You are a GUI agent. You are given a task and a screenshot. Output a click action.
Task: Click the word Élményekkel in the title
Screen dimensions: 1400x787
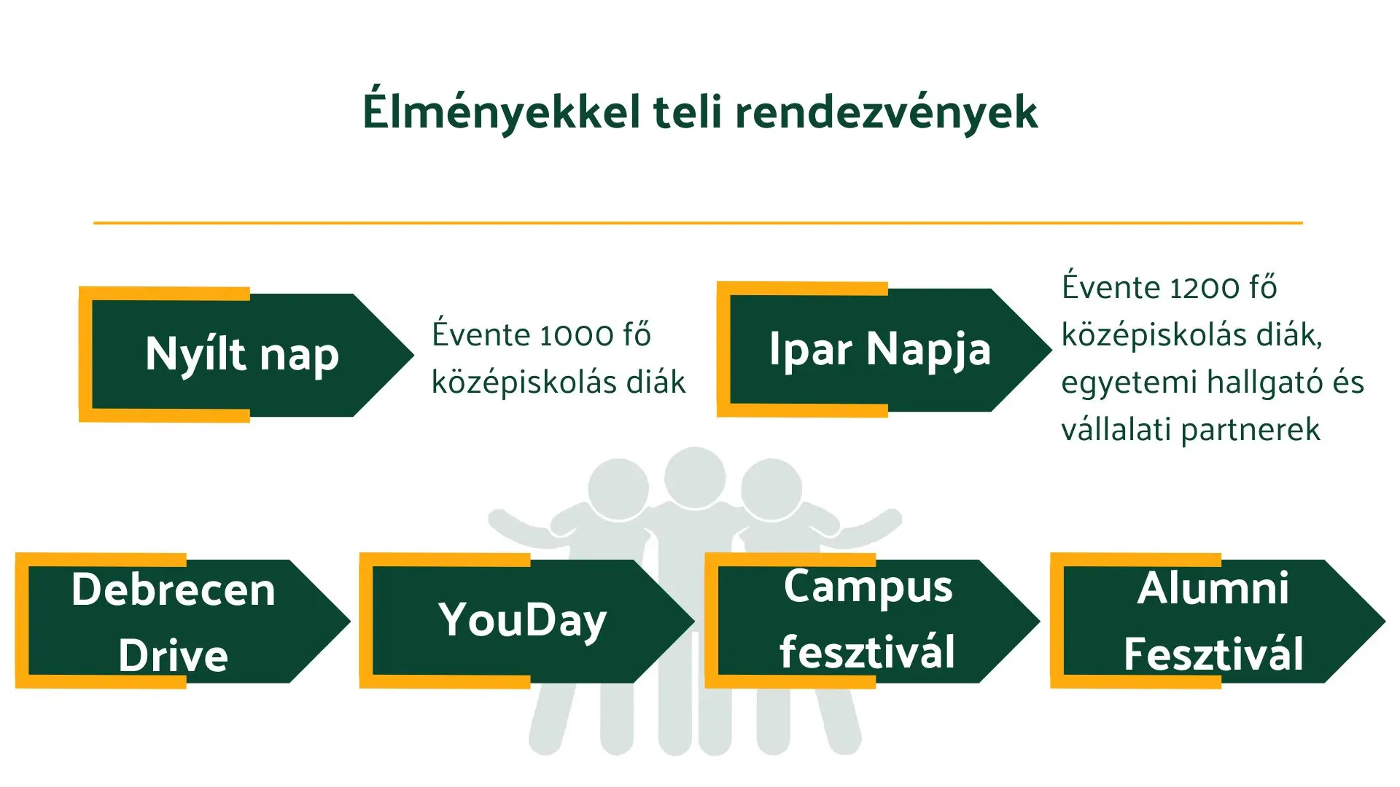[x=502, y=111]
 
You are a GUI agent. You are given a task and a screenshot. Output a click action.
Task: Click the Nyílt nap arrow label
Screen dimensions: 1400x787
[x=242, y=355]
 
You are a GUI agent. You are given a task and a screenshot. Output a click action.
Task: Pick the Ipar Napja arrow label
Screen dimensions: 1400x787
[x=880, y=349]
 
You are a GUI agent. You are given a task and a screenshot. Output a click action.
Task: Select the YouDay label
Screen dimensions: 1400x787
[x=522, y=620]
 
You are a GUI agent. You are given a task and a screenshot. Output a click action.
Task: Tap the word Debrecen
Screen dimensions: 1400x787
[x=173, y=589]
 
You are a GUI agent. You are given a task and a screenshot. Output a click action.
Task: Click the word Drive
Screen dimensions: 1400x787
[x=173, y=655]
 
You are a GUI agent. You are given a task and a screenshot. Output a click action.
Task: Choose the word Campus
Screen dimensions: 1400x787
[x=868, y=587]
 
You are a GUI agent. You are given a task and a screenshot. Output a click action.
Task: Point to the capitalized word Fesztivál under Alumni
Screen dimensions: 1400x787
[x=1213, y=654]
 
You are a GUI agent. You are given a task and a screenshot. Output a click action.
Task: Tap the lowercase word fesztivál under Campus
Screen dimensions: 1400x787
[x=867, y=651]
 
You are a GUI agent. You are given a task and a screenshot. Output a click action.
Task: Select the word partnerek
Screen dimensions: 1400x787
[x=1251, y=430]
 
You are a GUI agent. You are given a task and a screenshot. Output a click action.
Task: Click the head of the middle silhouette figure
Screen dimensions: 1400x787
[x=695, y=477]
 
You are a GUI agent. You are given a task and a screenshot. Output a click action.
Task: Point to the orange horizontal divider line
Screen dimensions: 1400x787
[x=698, y=222]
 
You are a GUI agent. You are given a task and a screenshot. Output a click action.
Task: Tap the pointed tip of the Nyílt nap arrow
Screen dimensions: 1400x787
[x=414, y=355]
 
